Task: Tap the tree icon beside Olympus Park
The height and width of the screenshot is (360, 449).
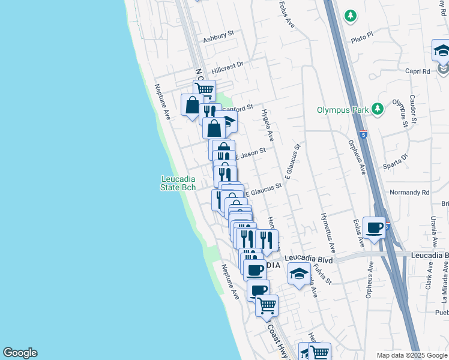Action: point(378,109)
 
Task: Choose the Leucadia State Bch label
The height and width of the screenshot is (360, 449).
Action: point(178,183)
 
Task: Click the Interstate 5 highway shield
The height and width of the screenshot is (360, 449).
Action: point(364,134)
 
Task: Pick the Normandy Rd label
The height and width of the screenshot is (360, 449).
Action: point(410,193)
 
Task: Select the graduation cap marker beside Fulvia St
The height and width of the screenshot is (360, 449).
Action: point(299,274)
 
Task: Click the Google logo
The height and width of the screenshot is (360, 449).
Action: point(20,353)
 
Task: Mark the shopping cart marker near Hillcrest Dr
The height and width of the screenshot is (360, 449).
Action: point(204,90)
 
